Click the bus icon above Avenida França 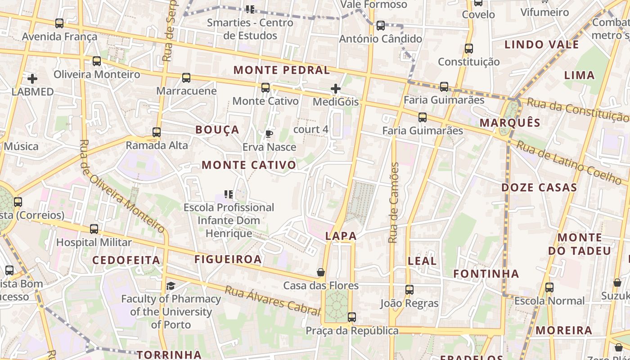click(59, 23)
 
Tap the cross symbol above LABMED click(32, 79)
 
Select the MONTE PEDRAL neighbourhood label click(282, 70)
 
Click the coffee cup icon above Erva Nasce click(269, 134)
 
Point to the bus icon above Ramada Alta click(157, 132)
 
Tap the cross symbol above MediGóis click(336, 89)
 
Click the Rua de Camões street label click(394, 202)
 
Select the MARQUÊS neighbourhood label click(510, 123)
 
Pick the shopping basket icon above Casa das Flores click(321, 272)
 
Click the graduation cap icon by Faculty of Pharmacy click(171, 286)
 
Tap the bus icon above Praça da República click(352, 317)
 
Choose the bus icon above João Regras click(409, 290)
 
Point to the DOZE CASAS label click(539, 188)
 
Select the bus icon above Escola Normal click(549, 288)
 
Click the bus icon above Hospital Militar click(94, 229)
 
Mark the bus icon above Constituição click(469, 49)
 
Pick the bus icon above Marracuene click(186, 78)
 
